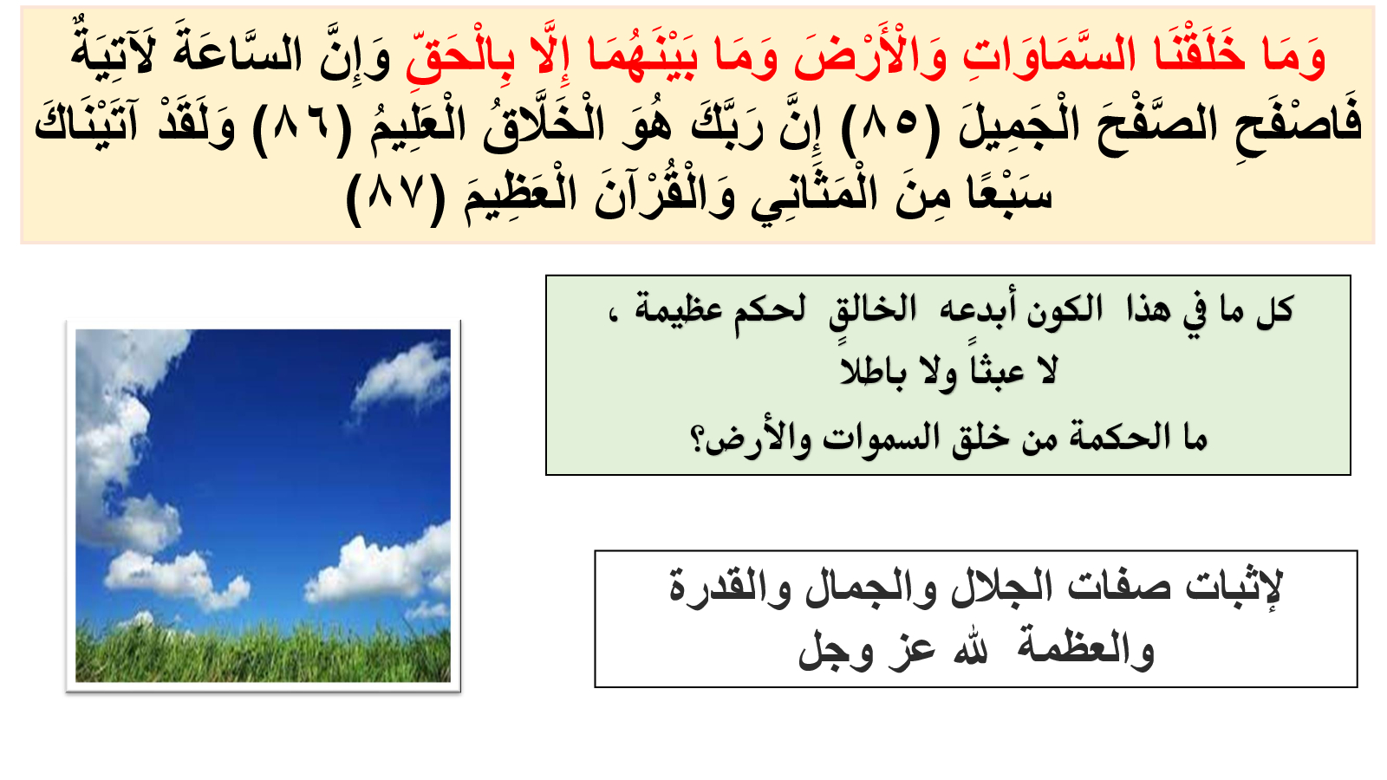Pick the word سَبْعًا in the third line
click(x=1009, y=196)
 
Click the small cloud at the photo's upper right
click(x=399, y=379)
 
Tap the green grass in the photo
click(x=263, y=653)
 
